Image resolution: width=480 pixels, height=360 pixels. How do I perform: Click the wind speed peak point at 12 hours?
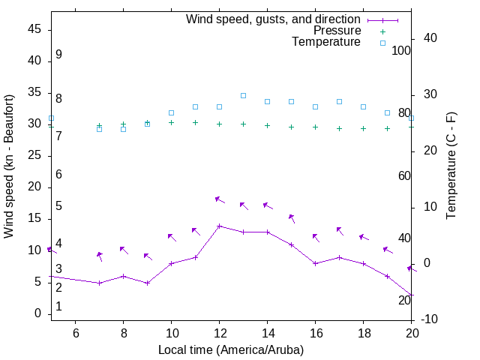click(219, 226)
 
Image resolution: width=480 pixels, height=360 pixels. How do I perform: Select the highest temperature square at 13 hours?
click(243, 95)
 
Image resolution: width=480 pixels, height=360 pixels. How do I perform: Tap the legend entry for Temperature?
click(326, 42)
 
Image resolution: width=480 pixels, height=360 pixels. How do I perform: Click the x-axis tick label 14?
click(267, 334)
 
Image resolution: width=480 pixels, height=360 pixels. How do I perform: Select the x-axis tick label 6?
click(75, 334)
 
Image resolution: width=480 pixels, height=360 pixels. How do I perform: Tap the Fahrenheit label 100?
click(401, 50)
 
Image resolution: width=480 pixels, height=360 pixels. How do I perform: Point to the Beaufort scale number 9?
click(58, 55)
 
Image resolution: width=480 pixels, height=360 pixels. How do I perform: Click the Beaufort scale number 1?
click(58, 307)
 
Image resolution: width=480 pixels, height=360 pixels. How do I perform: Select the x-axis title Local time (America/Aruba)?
click(231, 349)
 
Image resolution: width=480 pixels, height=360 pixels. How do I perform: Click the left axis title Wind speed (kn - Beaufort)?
click(9, 166)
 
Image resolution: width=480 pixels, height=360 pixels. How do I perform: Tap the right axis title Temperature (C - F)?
click(451, 166)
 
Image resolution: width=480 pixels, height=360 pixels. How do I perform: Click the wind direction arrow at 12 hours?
click(220, 199)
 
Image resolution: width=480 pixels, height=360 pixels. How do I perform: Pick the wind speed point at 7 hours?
click(99, 283)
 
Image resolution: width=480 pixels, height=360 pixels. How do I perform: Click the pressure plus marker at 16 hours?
click(315, 127)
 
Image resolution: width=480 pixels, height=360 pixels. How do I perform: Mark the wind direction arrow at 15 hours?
click(292, 218)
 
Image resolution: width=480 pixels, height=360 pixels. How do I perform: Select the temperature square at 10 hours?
click(171, 112)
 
